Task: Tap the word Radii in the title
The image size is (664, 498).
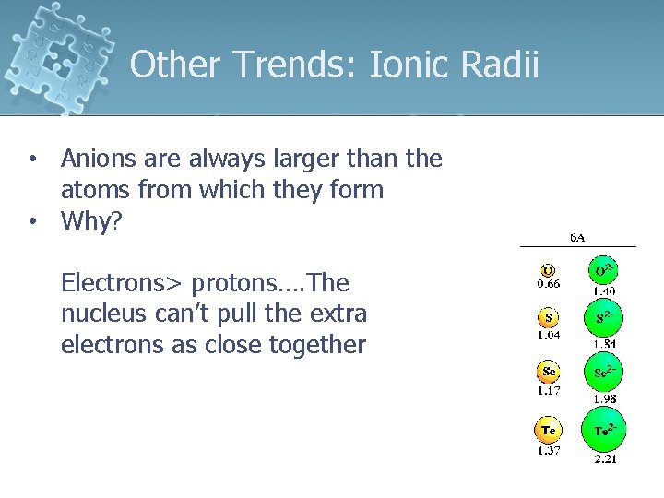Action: tap(503, 65)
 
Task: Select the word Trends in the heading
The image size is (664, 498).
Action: tap(297, 65)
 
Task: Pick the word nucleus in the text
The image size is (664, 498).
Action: tap(101, 314)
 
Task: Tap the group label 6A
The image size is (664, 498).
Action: tap(577, 237)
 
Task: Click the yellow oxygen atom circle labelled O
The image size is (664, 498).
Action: tap(549, 270)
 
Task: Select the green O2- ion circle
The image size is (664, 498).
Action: tap(604, 271)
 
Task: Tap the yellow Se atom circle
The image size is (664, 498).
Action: tap(549, 373)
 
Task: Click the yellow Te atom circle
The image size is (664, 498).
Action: tap(549, 430)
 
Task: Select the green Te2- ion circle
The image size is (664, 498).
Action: tap(604, 431)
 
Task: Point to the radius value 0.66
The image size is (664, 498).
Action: tap(549, 284)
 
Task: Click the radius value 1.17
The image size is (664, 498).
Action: tap(549, 391)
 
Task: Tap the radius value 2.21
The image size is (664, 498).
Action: tap(605, 458)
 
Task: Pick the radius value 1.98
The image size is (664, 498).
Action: tap(605, 398)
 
